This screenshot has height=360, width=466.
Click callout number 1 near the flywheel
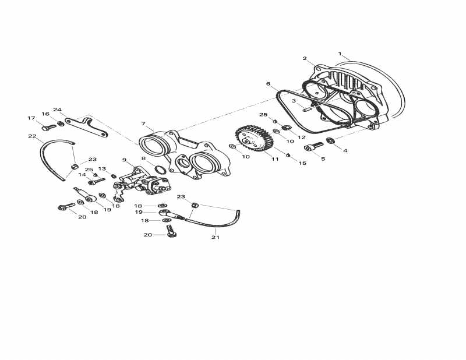click(340, 54)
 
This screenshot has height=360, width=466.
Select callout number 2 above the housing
click(305, 58)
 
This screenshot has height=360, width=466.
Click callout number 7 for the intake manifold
click(143, 123)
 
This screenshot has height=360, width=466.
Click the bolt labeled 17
click(48, 128)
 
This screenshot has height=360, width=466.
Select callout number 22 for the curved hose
click(32, 136)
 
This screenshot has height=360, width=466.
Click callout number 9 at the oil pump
click(124, 160)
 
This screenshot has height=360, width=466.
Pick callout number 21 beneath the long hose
click(215, 237)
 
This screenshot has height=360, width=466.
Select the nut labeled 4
click(330, 140)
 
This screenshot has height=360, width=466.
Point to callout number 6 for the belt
click(268, 84)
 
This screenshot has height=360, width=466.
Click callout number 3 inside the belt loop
click(294, 101)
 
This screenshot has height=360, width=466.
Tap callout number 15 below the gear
click(302, 163)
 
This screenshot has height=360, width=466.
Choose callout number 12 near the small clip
click(301, 137)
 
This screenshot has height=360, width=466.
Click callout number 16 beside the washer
click(45, 114)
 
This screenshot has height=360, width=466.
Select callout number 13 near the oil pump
click(102, 169)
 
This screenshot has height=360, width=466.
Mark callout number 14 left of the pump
click(82, 174)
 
